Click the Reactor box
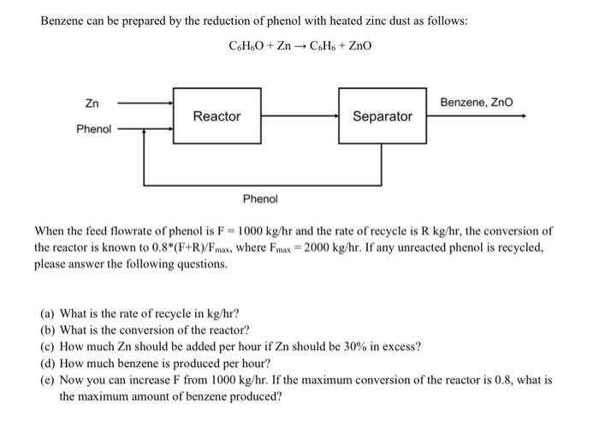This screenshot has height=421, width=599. tap(216, 116)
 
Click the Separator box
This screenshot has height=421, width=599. tap(382, 116)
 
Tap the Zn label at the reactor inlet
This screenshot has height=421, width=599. tap(91, 104)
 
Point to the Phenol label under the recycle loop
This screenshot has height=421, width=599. tap(260, 199)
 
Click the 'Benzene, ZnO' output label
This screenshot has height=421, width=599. tap(477, 103)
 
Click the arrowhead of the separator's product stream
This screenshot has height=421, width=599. tap(522, 116)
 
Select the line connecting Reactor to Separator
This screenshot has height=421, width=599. tap(299, 116)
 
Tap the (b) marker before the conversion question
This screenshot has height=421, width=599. tap(49, 329)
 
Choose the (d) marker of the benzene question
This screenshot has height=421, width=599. tap(49, 362)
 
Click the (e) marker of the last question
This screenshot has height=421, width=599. tap(49, 378)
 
